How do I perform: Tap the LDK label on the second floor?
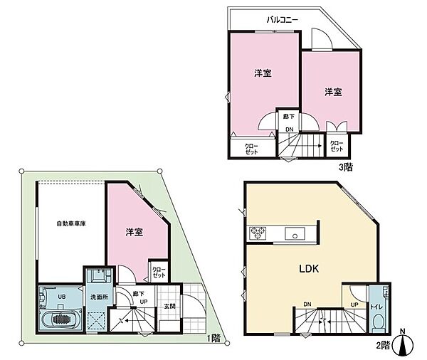pos(307,268)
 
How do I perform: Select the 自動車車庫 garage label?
pos(71,224)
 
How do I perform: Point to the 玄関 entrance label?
pos(169,307)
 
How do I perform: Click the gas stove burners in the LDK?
pos(256,233)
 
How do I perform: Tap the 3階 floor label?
pos(345,167)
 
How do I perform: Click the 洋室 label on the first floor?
pos(135,232)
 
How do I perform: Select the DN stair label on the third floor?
pos(290,129)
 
